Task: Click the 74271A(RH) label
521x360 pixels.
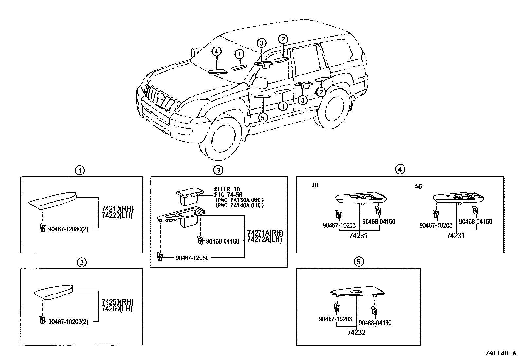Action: coord(265,233)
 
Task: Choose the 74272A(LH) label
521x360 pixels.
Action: coord(265,239)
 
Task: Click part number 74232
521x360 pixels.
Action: coord(356,333)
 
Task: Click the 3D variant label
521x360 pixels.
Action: coord(315,185)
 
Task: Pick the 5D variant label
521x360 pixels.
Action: coord(419,186)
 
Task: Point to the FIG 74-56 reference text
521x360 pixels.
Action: coord(228,195)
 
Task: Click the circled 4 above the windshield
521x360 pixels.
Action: coord(216,51)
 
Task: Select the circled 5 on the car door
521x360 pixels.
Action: coord(263,117)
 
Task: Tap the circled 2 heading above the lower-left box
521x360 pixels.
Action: coord(81,262)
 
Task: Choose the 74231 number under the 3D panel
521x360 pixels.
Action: coord(358,236)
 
